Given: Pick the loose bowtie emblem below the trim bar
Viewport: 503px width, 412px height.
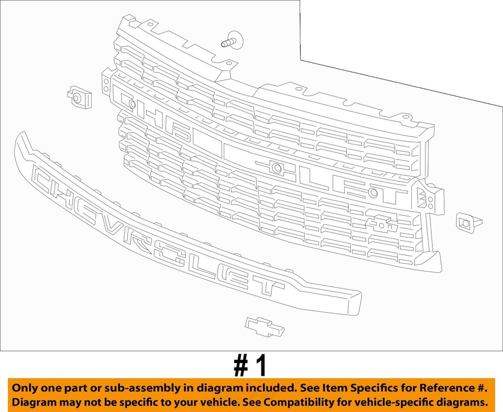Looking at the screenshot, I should tap(264, 326).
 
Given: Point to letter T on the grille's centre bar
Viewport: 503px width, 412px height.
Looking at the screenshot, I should tap(393, 195).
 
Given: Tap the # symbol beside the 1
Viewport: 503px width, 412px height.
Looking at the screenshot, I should tap(241, 366).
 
